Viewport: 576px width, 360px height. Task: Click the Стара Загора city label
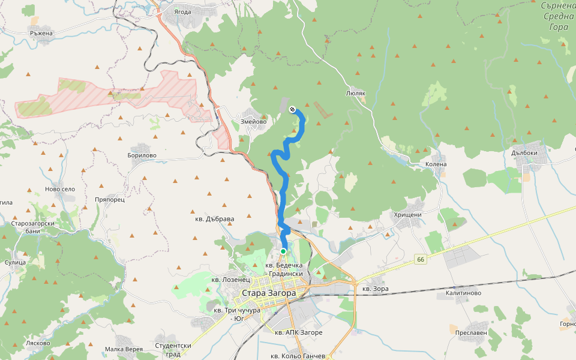point(268,293)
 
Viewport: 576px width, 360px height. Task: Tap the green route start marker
point(283,251)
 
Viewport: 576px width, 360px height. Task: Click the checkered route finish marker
point(292,109)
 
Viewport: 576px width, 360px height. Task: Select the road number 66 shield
point(419,259)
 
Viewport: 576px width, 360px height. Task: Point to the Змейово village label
point(254,121)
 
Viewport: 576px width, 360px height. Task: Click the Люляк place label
point(356,94)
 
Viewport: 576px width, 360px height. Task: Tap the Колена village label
point(436,164)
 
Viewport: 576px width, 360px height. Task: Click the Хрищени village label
point(408,215)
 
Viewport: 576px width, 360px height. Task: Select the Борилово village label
point(142,155)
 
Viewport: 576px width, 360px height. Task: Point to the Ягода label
point(182,11)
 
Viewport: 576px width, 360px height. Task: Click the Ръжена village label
point(41,34)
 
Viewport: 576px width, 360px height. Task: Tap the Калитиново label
point(463,293)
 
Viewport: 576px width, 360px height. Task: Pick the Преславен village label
point(471,332)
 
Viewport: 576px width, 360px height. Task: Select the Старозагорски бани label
point(34,227)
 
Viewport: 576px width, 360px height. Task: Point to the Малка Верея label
point(124,349)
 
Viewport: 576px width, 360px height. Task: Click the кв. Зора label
point(376,289)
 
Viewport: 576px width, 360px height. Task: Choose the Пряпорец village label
point(109,199)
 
